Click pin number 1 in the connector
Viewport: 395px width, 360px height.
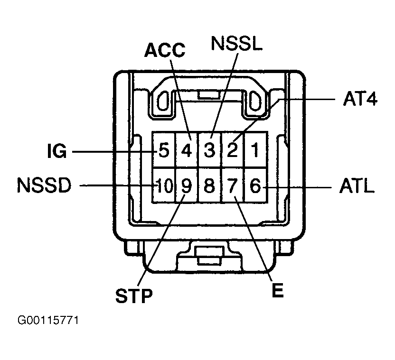(255, 150)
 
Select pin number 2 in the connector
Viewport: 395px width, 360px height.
(233, 150)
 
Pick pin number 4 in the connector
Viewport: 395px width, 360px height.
(187, 151)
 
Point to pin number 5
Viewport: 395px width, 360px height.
(164, 151)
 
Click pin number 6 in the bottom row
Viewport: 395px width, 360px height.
(255, 186)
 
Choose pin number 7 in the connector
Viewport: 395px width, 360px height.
(233, 186)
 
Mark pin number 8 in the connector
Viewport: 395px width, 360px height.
(209, 186)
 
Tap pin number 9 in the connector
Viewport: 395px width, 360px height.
(187, 186)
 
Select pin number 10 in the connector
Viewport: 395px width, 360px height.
(163, 186)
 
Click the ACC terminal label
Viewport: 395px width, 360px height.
(165, 50)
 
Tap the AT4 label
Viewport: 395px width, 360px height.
(359, 100)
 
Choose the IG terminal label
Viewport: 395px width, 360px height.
(56, 152)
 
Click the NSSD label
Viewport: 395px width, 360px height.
(44, 186)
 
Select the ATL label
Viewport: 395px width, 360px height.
(357, 186)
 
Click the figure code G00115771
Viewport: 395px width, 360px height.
(48, 321)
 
